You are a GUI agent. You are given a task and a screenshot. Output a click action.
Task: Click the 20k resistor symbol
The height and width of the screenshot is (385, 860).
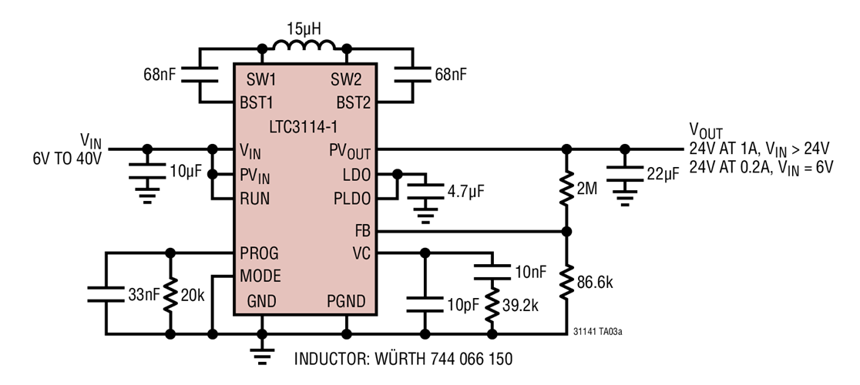click(x=170, y=293)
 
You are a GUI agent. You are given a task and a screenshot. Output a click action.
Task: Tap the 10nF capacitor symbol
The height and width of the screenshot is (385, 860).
click(x=490, y=272)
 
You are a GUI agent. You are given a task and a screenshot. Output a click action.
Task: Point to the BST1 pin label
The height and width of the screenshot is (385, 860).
click(x=263, y=102)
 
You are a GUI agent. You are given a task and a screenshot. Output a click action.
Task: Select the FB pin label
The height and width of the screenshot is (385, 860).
click(x=361, y=230)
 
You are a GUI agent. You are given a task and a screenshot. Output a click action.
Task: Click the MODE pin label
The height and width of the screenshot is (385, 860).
click(x=260, y=275)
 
